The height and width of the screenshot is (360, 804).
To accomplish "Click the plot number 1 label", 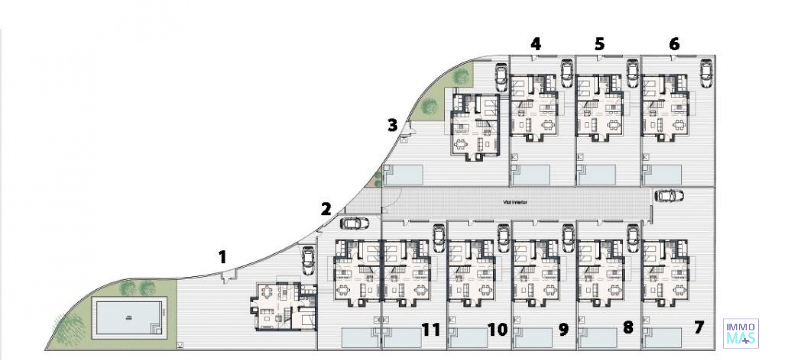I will (222, 257).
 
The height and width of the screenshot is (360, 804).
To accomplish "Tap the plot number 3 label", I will (392, 125).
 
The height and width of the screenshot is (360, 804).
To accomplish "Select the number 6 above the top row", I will (674, 44).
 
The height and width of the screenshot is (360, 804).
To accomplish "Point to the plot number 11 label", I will (431, 330).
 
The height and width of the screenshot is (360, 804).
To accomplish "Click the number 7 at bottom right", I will (698, 327).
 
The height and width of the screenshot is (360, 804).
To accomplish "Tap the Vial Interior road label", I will (515, 202).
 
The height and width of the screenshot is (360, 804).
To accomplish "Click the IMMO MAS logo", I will (740, 333).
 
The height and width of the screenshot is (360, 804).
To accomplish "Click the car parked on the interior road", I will (669, 196).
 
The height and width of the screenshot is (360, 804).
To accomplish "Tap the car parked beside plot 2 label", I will (355, 224).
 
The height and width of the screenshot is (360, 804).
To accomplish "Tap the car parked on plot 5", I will (632, 73).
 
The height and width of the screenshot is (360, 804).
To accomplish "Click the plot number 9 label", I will (564, 330).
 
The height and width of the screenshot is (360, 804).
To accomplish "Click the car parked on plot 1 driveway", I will (308, 261).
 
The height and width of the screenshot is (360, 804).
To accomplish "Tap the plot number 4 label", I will (536, 44).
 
